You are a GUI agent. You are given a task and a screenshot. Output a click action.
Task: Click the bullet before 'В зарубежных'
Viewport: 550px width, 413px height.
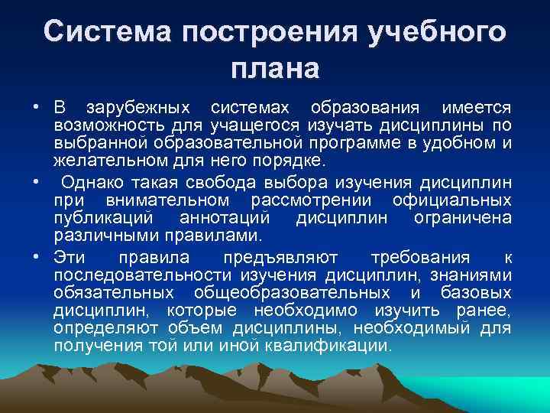pos(36,105)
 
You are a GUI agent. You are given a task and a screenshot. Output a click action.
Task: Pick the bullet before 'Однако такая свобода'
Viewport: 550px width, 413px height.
pos(36,182)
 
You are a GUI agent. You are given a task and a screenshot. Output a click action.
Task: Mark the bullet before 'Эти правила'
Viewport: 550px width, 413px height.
pos(36,254)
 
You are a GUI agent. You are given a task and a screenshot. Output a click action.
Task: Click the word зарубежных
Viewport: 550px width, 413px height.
pos(141,105)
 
